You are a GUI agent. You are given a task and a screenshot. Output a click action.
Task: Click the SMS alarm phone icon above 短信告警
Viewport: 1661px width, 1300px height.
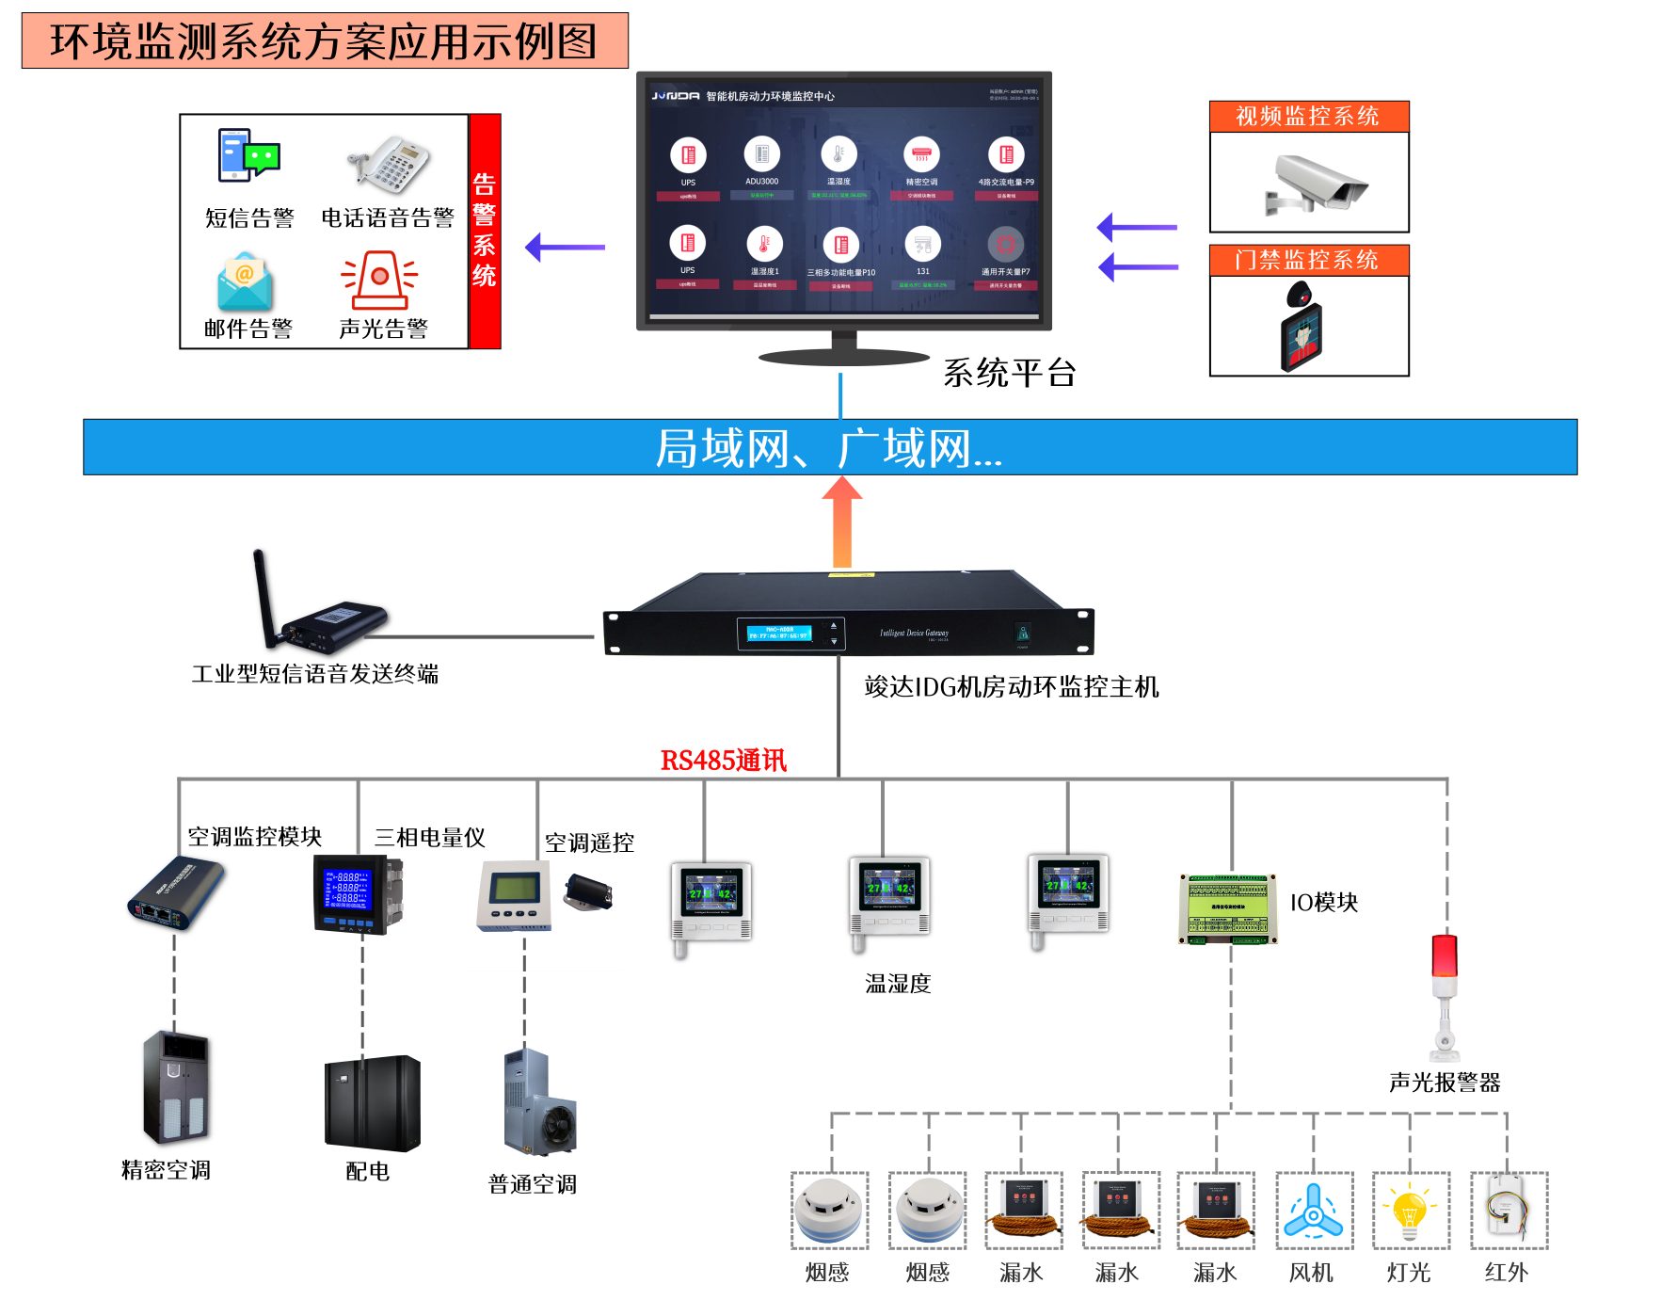click(x=248, y=155)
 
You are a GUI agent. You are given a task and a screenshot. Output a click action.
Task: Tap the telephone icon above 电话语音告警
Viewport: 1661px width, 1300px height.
click(x=390, y=162)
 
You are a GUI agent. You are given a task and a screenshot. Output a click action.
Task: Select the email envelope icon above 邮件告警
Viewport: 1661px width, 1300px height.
click(x=245, y=282)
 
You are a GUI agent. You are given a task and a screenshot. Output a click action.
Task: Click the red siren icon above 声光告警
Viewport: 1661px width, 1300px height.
click(x=379, y=280)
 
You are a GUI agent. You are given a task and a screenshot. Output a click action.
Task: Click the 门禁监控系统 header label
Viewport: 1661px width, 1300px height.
click(x=1308, y=260)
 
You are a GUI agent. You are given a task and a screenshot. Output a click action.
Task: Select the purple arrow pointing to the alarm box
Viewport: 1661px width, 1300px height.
click(x=565, y=248)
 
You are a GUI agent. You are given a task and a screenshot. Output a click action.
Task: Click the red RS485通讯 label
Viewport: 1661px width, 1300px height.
click(x=723, y=761)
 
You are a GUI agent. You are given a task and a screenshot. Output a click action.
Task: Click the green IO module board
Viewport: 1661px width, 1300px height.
click(x=1228, y=908)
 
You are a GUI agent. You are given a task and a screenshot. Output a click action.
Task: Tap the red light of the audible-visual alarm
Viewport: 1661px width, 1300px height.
click(x=1444, y=955)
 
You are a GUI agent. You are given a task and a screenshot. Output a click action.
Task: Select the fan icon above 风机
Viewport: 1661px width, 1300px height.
click(x=1313, y=1212)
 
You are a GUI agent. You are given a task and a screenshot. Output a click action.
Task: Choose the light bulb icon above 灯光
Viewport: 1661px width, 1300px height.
click(x=1410, y=1212)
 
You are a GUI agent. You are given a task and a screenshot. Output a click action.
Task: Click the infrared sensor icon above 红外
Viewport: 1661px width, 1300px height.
click(x=1508, y=1210)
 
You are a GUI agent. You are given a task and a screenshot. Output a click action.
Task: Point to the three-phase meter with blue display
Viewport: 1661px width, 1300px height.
click(x=352, y=893)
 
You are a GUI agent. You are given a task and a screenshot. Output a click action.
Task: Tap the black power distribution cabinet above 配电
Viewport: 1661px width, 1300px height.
click(x=372, y=1102)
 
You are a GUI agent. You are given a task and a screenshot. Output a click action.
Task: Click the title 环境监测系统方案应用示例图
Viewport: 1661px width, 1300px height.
click(x=325, y=41)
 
